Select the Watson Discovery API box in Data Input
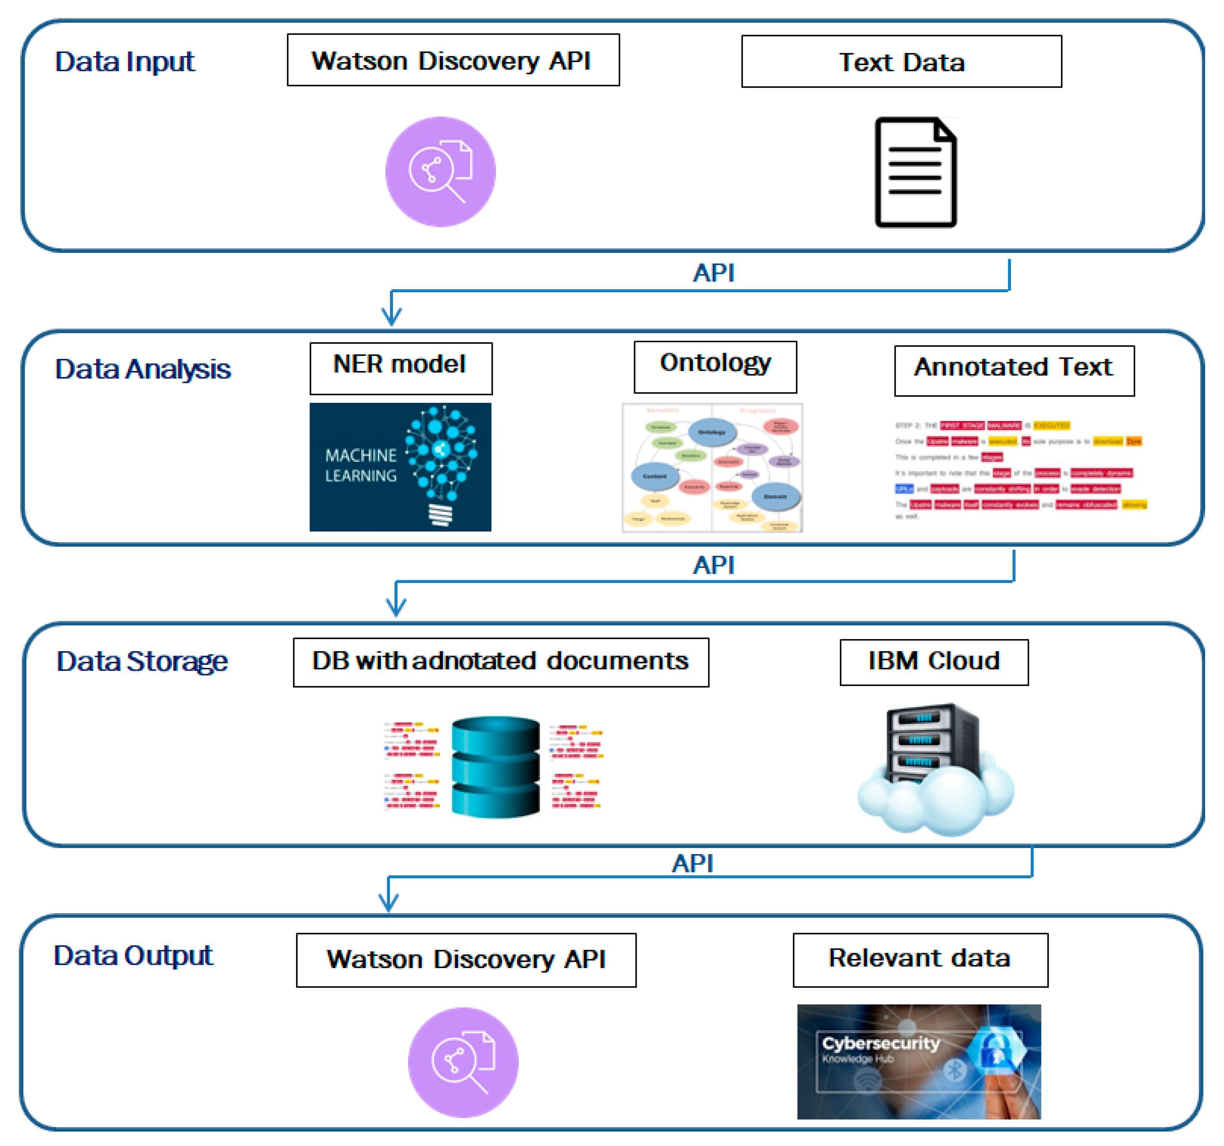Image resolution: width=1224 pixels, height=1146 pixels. click(x=453, y=60)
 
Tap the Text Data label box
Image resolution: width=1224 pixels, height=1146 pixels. click(x=901, y=62)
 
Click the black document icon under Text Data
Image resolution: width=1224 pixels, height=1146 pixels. click(x=916, y=172)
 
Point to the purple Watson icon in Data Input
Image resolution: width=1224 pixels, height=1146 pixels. click(x=440, y=172)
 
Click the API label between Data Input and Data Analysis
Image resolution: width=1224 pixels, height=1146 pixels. click(x=713, y=273)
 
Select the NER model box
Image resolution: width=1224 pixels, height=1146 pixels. click(x=401, y=368)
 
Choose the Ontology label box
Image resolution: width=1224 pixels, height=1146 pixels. click(x=715, y=367)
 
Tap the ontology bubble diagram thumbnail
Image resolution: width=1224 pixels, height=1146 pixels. click(x=712, y=468)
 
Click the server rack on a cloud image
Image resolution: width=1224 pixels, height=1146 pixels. click(x=935, y=769)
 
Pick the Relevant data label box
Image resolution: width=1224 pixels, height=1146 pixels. click(x=920, y=959)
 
